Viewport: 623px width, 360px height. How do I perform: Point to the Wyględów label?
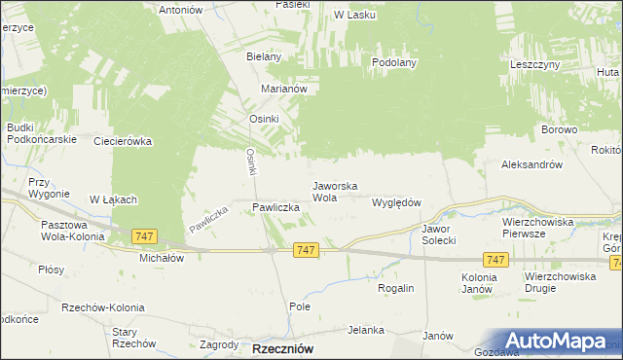pos(396,202)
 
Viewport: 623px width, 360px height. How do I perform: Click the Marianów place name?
pos(284,88)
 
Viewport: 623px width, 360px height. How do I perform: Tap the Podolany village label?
pos(394,62)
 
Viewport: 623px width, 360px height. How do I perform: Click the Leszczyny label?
pos(533,63)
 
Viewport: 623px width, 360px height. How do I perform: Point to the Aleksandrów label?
pos(531,165)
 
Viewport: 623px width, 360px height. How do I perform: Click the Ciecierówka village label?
pos(123,141)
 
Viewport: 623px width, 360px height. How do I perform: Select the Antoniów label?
pos(185,10)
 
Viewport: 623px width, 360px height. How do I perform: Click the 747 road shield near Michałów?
pos(144,236)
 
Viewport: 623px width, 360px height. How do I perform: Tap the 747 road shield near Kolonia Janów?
pos(495,259)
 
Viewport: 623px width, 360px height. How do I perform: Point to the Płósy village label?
pos(53,270)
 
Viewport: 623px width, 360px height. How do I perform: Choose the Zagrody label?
pos(219,344)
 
